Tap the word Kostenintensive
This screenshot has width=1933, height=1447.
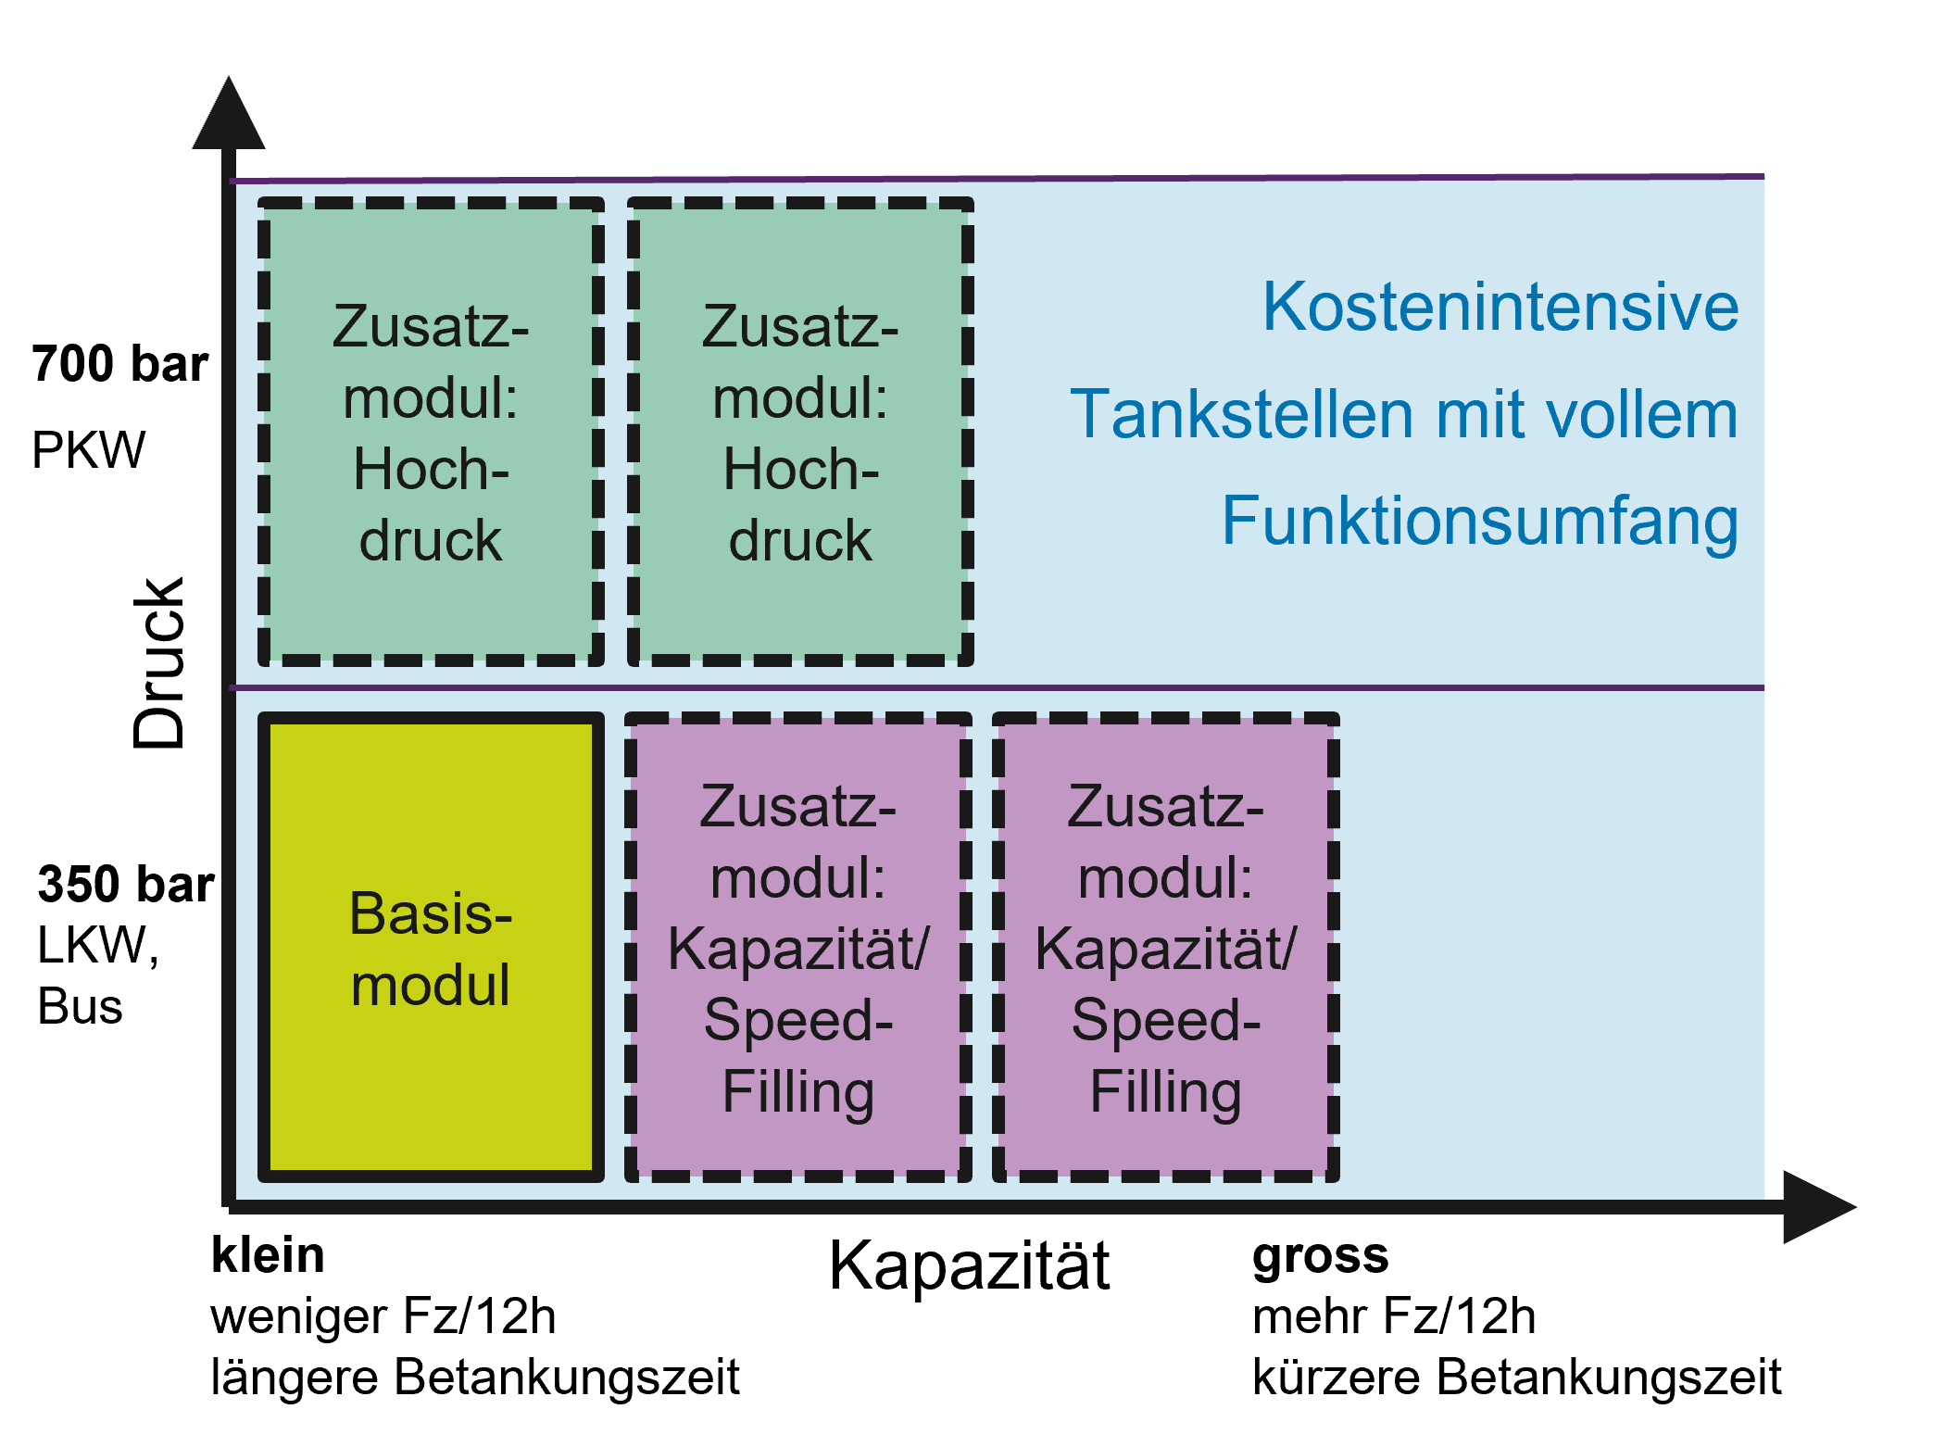pos(1500,307)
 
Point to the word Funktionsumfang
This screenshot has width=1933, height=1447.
pos(1479,522)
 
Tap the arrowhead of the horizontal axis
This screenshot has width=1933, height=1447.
pos(1817,1206)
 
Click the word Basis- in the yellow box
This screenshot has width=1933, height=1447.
pos(431,913)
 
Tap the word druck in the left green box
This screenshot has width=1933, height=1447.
pos(431,540)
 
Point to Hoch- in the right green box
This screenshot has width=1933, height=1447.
pos(800,470)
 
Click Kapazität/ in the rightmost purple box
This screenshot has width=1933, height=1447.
pos(1165,949)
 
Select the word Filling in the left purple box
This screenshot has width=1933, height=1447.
pos(797,1092)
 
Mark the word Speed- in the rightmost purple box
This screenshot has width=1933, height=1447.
pos(1165,1021)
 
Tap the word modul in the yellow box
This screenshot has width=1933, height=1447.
pos(431,985)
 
